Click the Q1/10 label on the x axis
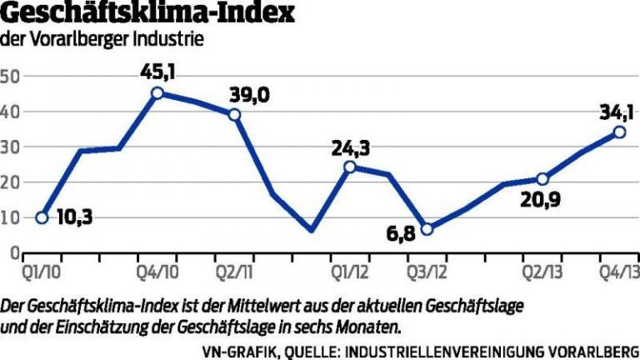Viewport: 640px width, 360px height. (x=38, y=272)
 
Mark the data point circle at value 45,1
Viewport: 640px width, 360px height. (x=157, y=92)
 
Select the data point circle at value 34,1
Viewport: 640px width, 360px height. (x=619, y=132)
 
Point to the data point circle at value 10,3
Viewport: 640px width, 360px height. (x=41, y=217)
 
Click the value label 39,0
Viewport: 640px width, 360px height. (x=250, y=95)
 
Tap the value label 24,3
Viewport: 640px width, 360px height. (x=351, y=149)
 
